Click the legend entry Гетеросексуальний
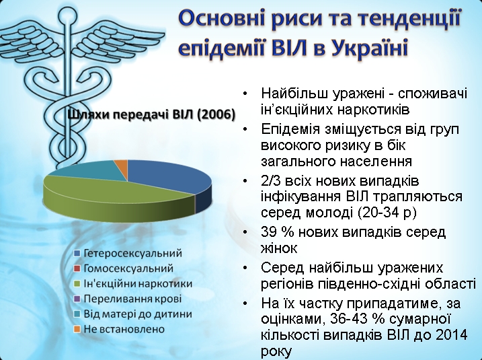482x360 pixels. tap(128, 253)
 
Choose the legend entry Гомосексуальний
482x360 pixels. tap(124, 268)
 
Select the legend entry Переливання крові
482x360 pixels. tap(128, 299)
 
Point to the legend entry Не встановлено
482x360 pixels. tap(119, 329)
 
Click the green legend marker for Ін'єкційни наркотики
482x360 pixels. tap(77, 284)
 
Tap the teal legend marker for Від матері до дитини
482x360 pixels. tap(77, 314)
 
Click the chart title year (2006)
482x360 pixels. tap(216, 114)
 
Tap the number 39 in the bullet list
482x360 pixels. tap(270, 232)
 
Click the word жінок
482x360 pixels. tap(279, 248)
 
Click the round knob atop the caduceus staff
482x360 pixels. tap(65, 14)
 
